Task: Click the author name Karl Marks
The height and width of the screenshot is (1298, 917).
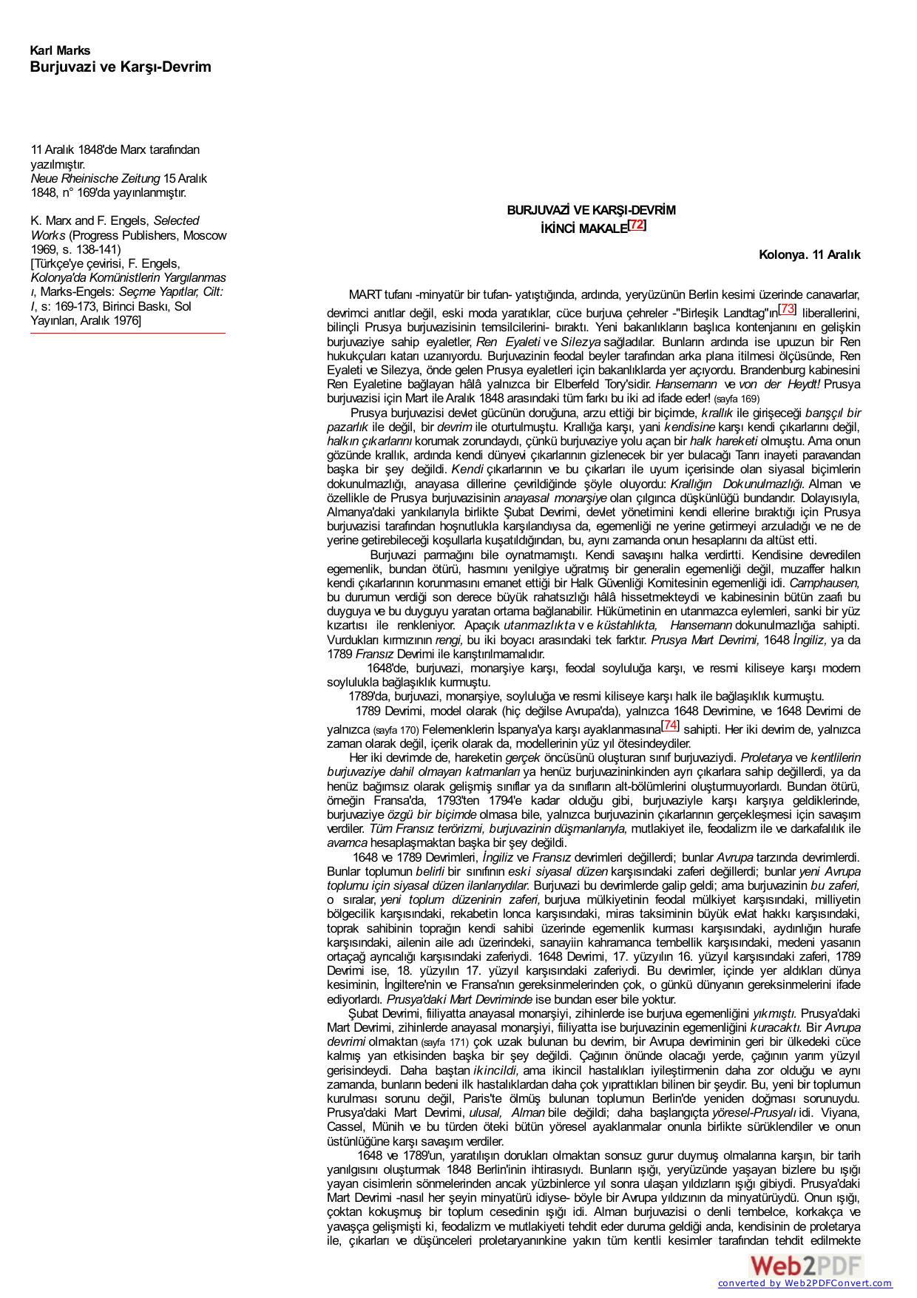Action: [x=60, y=51]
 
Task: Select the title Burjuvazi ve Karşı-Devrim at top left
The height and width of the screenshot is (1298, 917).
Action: [x=121, y=67]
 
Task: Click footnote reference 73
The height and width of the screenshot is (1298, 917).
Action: [x=788, y=308]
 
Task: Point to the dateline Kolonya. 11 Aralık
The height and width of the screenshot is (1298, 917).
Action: [x=809, y=255]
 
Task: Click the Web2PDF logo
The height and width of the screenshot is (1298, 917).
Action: [x=805, y=1265]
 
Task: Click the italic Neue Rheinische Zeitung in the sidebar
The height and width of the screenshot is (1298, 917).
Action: [x=95, y=179]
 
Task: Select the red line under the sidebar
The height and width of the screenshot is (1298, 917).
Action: [x=128, y=334]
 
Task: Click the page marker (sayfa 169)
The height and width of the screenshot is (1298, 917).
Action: [x=737, y=399]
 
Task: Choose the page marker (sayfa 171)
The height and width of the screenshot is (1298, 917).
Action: [x=444, y=1042]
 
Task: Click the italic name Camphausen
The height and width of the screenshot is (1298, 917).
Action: [x=825, y=583]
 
